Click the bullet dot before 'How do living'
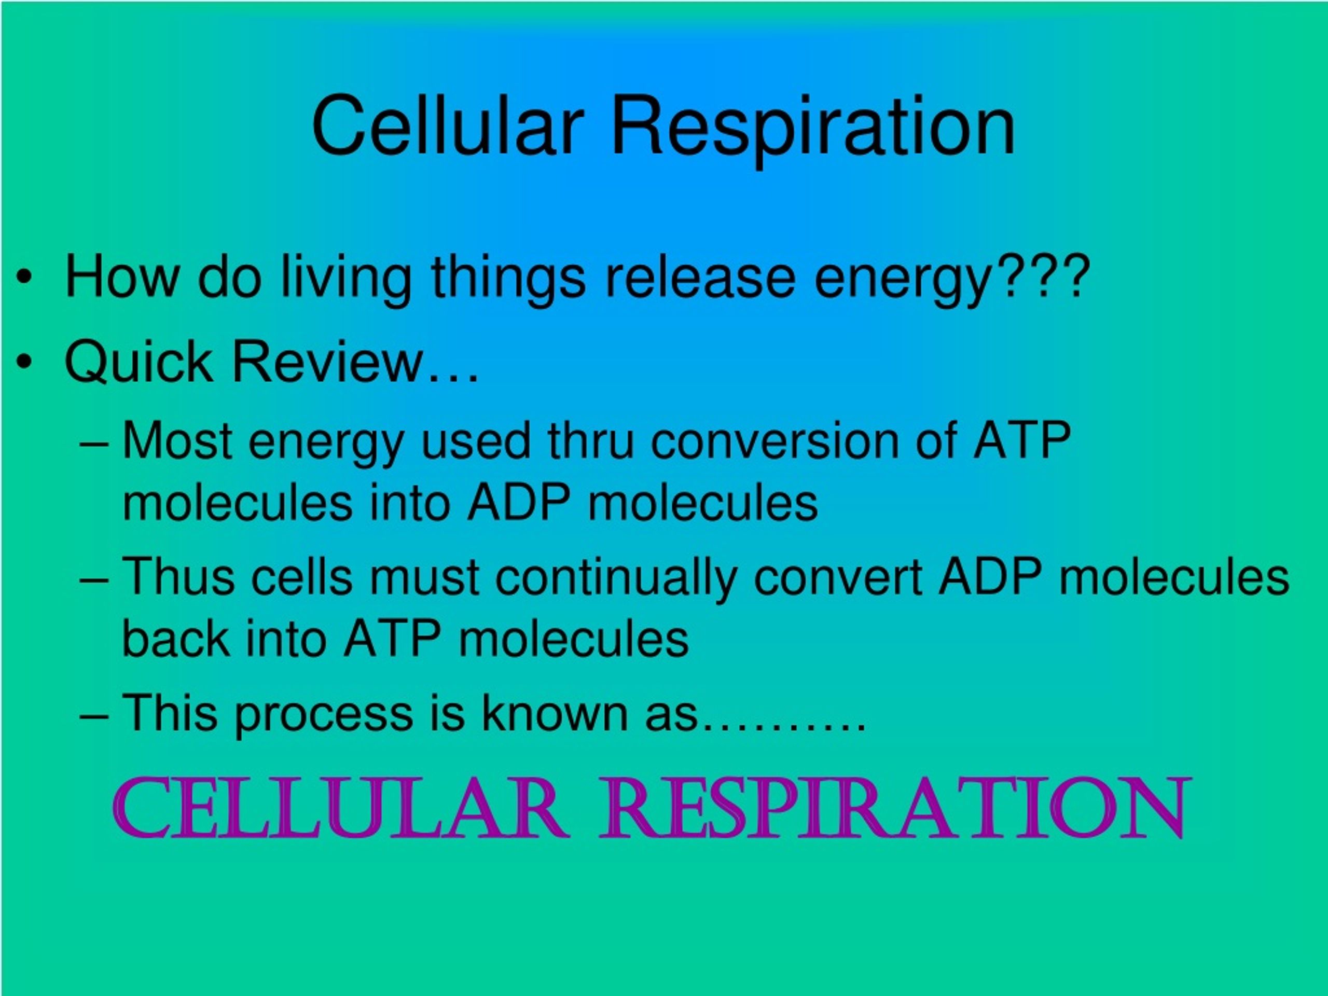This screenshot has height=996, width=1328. (x=24, y=278)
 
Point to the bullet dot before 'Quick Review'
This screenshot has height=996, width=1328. (x=24, y=363)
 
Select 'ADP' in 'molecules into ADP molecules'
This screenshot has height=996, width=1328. (x=519, y=503)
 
